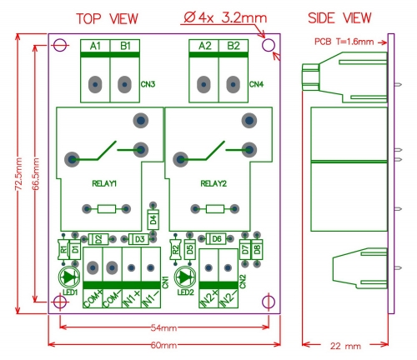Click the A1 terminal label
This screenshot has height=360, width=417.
click(95, 47)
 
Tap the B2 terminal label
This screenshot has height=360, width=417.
click(233, 47)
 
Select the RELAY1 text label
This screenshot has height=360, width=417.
click(104, 182)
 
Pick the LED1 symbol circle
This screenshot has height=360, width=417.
click(68, 277)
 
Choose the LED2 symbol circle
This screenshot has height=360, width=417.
click(185, 277)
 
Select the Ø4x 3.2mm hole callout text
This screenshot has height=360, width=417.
click(221, 17)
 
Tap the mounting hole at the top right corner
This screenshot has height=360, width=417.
click(268, 47)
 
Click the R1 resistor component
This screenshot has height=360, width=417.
click(62, 248)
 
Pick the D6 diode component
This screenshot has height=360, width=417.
click(216, 239)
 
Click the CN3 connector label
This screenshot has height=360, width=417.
click(148, 83)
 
